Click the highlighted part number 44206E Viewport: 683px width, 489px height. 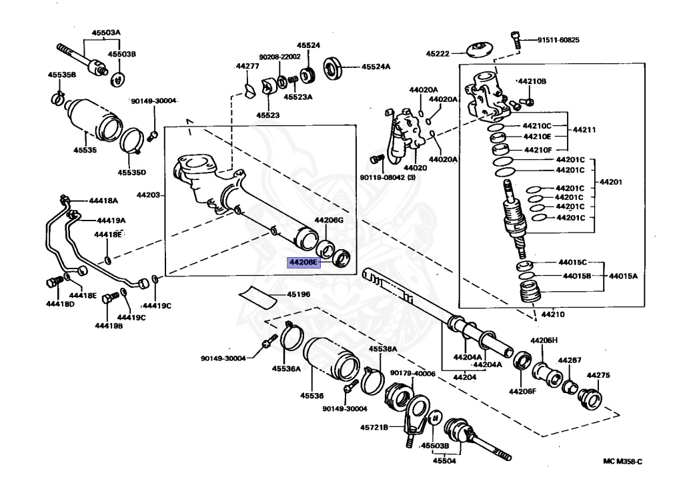[x=303, y=262]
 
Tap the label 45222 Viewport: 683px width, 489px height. [x=438, y=54]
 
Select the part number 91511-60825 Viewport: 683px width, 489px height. [x=558, y=40]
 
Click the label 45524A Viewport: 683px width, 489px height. [x=376, y=67]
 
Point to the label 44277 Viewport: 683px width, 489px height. [x=247, y=66]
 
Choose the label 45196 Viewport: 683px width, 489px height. [x=298, y=294]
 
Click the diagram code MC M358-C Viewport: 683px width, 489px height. [x=622, y=461]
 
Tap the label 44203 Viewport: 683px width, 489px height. [x=148, y=195]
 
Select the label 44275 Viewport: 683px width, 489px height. [x=598, y=375]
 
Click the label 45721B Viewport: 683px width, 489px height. [x=374, y=427]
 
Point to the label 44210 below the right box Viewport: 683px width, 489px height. [x=553, y=314]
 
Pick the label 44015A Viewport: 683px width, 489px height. [x=623, y=276]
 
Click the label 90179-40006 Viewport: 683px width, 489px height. [x=412, y=373]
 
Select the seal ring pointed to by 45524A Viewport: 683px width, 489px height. [x=334, y=67]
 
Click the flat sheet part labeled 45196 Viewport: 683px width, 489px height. [x=258, y=296]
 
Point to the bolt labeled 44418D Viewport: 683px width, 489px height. [x=55, y=282]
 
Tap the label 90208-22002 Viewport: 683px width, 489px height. [x=279, y=57]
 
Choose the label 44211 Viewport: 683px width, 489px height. [x=584, y=130]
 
